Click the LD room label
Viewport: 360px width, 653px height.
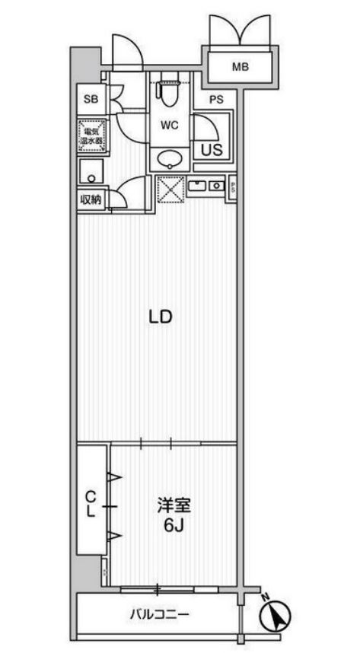tap(158, 316)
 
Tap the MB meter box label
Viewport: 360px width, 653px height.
tap(241, 67)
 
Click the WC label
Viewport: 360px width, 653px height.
tap(169, 126)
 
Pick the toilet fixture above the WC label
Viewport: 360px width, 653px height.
tap(167, 93)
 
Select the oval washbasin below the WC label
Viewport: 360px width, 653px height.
tap(169, 159)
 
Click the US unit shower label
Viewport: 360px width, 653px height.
tap(211, 149)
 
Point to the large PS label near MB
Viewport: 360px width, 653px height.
tap(216, 98)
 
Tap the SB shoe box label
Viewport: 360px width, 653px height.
tap(91, 99)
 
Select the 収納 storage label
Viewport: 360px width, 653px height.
tap(91, 200)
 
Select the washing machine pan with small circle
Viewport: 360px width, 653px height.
tap(91, 173)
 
